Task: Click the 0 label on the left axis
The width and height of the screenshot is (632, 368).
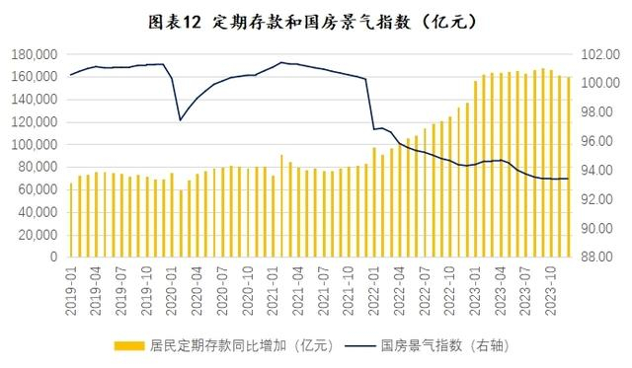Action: (x=54, y=257)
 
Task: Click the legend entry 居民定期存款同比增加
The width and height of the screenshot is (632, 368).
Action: (x=243, y=345)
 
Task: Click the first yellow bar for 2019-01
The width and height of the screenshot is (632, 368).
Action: (x=71, y=220)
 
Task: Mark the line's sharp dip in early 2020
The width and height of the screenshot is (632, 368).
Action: (x=180, y=119)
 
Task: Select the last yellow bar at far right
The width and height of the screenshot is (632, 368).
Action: (x=569, y=167)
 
